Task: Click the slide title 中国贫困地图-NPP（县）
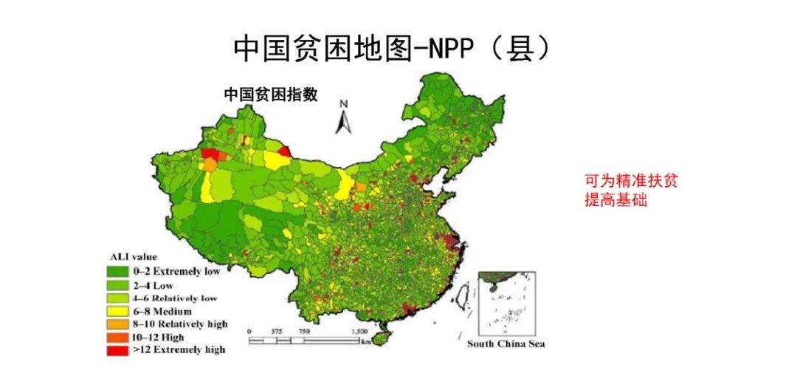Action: click(392, 49)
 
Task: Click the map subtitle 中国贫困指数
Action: click(271, 95)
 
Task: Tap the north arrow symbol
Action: click(343, 117)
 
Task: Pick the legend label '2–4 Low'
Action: click(173, 284)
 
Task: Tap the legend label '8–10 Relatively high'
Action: click(180, 324)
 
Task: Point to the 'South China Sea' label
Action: click(506, 344)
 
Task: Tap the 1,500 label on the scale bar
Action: click(359, 331)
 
